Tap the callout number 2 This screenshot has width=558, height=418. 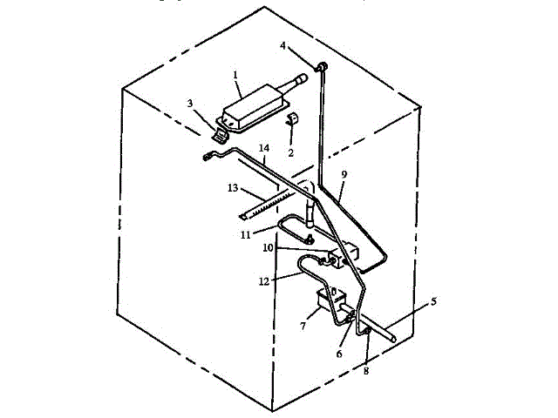tap(290, 152)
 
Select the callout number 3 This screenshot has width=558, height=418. tap(189, 104)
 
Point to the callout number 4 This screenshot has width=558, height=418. tap(282, 45)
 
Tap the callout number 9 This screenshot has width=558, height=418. tap(344, 175)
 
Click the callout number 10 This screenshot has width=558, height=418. tap(269, 249)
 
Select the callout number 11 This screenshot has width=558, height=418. tap(245, 234)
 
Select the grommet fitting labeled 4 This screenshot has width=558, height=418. tap(320, 67)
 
